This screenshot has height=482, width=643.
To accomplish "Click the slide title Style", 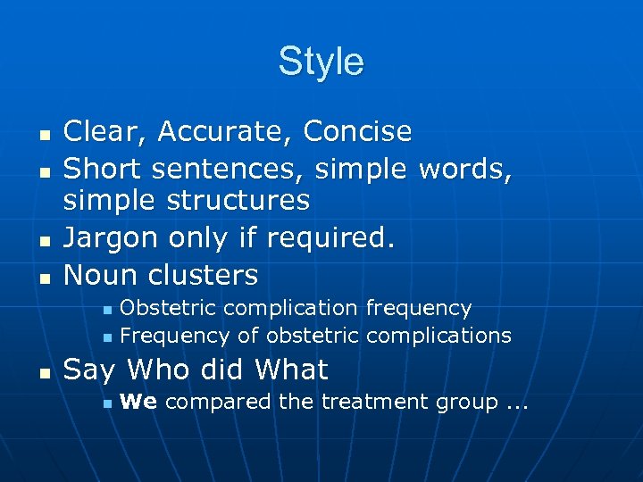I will point(321,62).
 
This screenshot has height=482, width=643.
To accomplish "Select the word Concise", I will point(357,132).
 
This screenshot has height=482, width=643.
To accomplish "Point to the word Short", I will point(98,166).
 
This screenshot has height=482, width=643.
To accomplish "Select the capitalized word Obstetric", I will point(168,308).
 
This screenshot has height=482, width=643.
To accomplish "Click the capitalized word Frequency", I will point(175,336).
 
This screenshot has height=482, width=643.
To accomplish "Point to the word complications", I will point(438,336).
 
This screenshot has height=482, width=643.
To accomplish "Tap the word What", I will point(292,370).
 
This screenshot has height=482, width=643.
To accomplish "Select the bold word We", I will point(138,402).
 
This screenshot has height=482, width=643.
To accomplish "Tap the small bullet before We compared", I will point(105,404).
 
